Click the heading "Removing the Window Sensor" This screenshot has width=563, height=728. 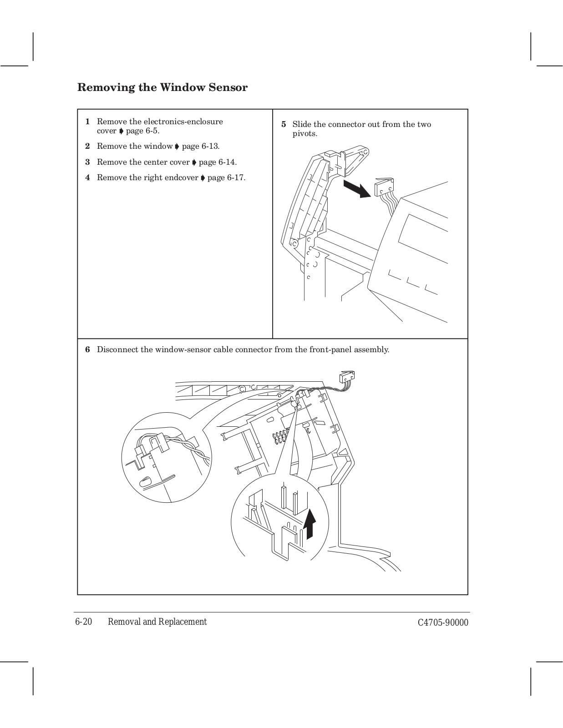coord(162,87)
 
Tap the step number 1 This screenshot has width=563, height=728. coord(87,122)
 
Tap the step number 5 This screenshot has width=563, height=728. coord(284,125)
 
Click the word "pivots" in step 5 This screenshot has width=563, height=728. coord(304,134)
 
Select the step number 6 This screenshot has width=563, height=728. coord(87,350)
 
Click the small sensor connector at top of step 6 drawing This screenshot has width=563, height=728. coord(347,376)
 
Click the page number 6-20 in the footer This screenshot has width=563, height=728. coord(84,622)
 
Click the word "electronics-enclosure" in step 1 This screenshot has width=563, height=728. coord(183,122)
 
